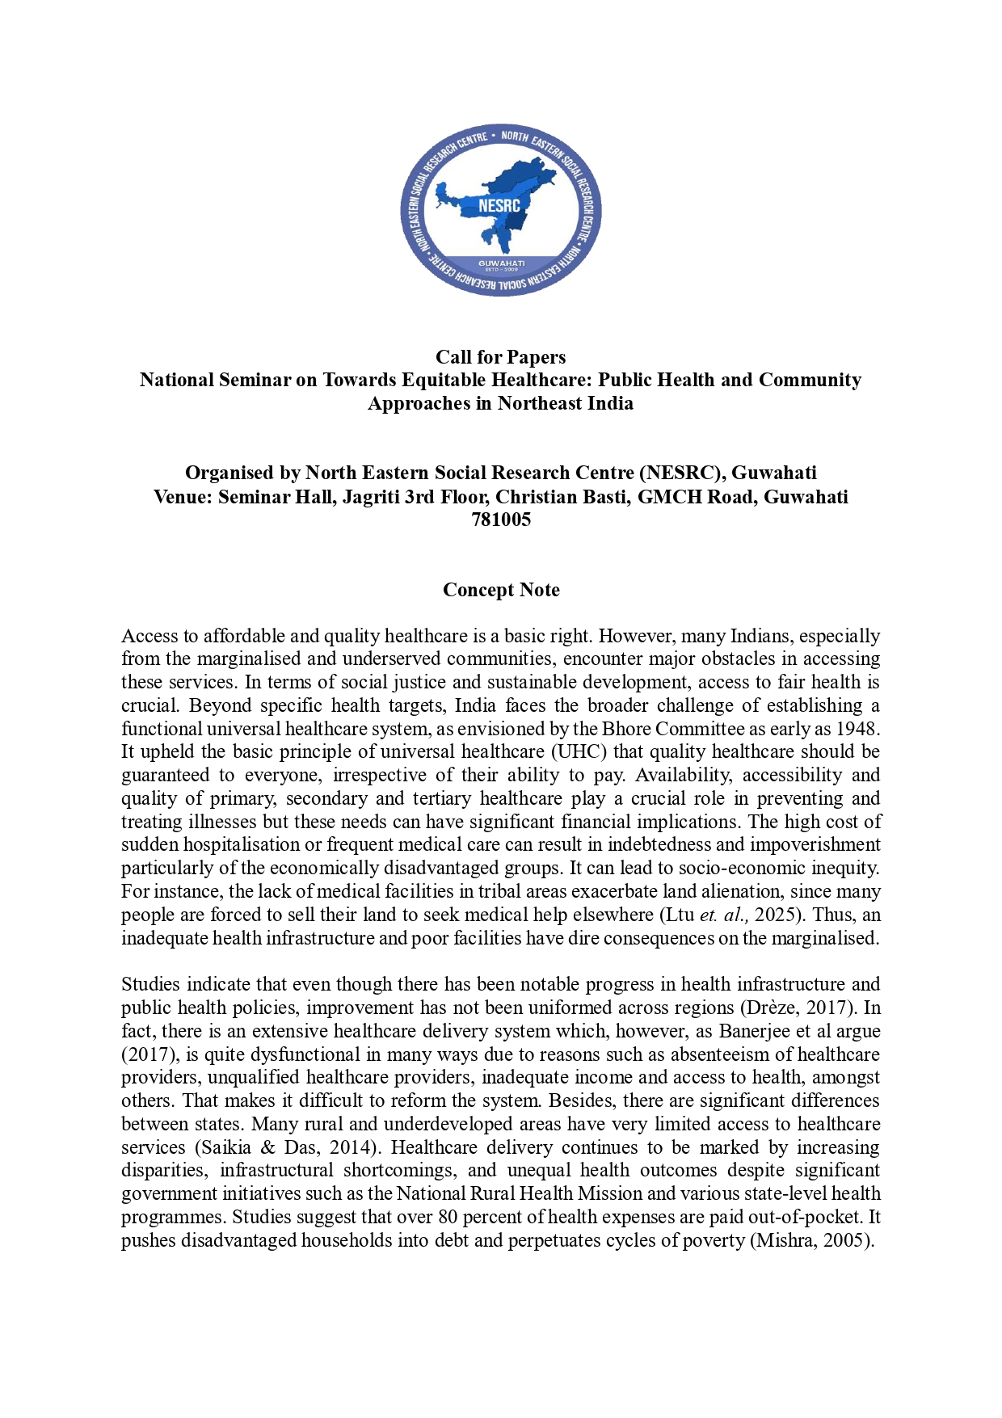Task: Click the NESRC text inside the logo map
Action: point(499,206)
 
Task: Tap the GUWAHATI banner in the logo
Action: point(501,263)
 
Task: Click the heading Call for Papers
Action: point(500,357)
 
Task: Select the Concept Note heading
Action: point(501,590)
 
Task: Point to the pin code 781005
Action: point(501,520)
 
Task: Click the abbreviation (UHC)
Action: point(579,752)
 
